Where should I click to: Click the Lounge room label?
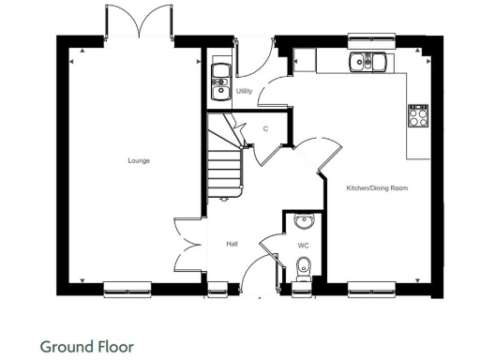point(139,161)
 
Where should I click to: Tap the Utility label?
point(244,91)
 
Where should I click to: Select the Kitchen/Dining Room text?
point(377,188)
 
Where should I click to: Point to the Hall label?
point(232,244)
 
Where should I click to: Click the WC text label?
point(303,246)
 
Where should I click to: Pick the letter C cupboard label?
point(265,128)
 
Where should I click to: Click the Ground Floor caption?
point(87,345)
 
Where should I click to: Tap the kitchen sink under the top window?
point(368,63)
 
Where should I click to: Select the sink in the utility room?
point(220,81)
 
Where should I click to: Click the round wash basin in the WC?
point(303,222)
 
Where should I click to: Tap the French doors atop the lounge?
point(140,22)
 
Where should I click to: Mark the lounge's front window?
point(127,288)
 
